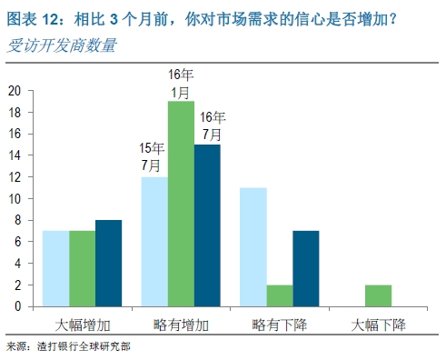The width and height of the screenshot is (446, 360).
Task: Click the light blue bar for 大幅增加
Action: point(56,269)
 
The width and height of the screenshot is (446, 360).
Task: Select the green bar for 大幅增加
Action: point(82,269)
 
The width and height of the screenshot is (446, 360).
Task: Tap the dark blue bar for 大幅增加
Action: point(108,264)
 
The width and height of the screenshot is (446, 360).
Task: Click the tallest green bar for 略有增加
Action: point(181,205)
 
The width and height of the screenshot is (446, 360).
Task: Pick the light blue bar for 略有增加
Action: point(154,242)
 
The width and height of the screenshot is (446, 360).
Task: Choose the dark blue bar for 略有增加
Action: point(207,225)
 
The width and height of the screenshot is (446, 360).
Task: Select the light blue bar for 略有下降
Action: point(253,247)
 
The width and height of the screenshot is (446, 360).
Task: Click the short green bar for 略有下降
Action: point(280,295)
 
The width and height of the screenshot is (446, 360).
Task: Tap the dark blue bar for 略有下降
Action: point(306,269)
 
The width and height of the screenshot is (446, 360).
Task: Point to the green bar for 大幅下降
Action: point(379,295)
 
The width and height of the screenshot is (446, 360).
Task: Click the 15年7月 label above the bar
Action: point(151,156)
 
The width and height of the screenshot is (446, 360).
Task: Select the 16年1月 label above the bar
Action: point(180,82)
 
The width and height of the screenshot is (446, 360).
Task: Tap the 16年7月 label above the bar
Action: point(212,125)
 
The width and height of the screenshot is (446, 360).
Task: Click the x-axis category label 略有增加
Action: point(181,324)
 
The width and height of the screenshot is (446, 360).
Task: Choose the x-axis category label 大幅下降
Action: point(379,324)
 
